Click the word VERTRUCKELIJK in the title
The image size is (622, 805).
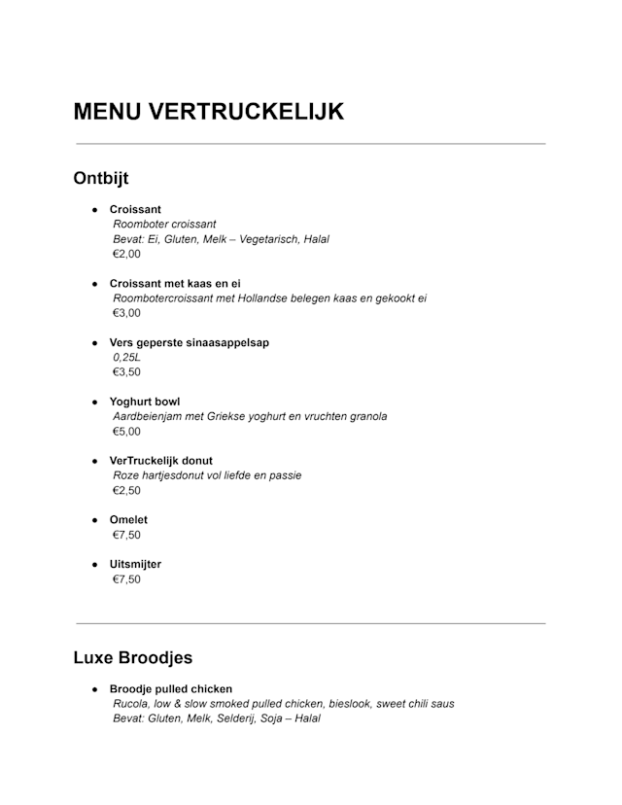tap(246, 112)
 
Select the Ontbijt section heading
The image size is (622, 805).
tap(101, 179)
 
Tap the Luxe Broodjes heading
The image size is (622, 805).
tap(132, 658)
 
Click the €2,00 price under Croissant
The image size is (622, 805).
tap(126, 254)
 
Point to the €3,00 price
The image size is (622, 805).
tap(126, 313)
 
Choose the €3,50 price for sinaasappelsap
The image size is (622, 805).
tap(126, 372)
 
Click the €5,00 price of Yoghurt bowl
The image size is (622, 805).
tap(126, 432)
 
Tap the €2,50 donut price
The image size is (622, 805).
tap(126, 491)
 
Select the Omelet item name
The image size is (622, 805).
tap(128, 520)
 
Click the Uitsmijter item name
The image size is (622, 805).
tap(135, 564)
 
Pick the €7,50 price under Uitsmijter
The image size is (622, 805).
tap(126, 579)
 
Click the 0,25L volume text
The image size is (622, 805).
tap(127, 358)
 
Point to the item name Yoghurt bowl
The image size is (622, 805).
tap(145, 402)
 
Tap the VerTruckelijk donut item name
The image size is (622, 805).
tap(161, 461)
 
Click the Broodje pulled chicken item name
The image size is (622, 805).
tap(171, 689)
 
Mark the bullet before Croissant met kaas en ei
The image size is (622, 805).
tap(95, 284)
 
